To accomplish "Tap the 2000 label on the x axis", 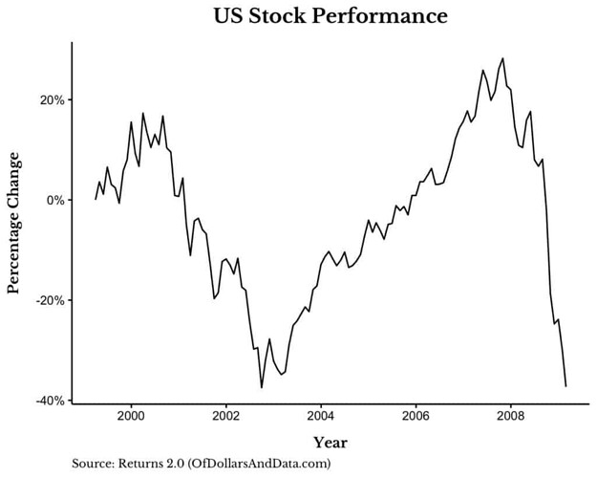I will click(x=131, y=417).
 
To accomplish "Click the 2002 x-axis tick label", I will click(x=225, y=417).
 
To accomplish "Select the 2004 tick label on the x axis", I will click(x=321, y=417).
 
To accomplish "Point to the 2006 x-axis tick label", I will click(x=416, y=417).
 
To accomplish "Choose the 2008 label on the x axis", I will click(x=510, y=417).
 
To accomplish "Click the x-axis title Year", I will click(x=330, y=443).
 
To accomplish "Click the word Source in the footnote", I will click(x=92, y=464).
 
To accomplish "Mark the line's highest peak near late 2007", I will click(x=502, y=58).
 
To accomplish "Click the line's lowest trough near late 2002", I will click(x=262, y=387).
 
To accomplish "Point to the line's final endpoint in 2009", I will click(x=566, y=385).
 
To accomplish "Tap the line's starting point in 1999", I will click(x=96, y=199).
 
